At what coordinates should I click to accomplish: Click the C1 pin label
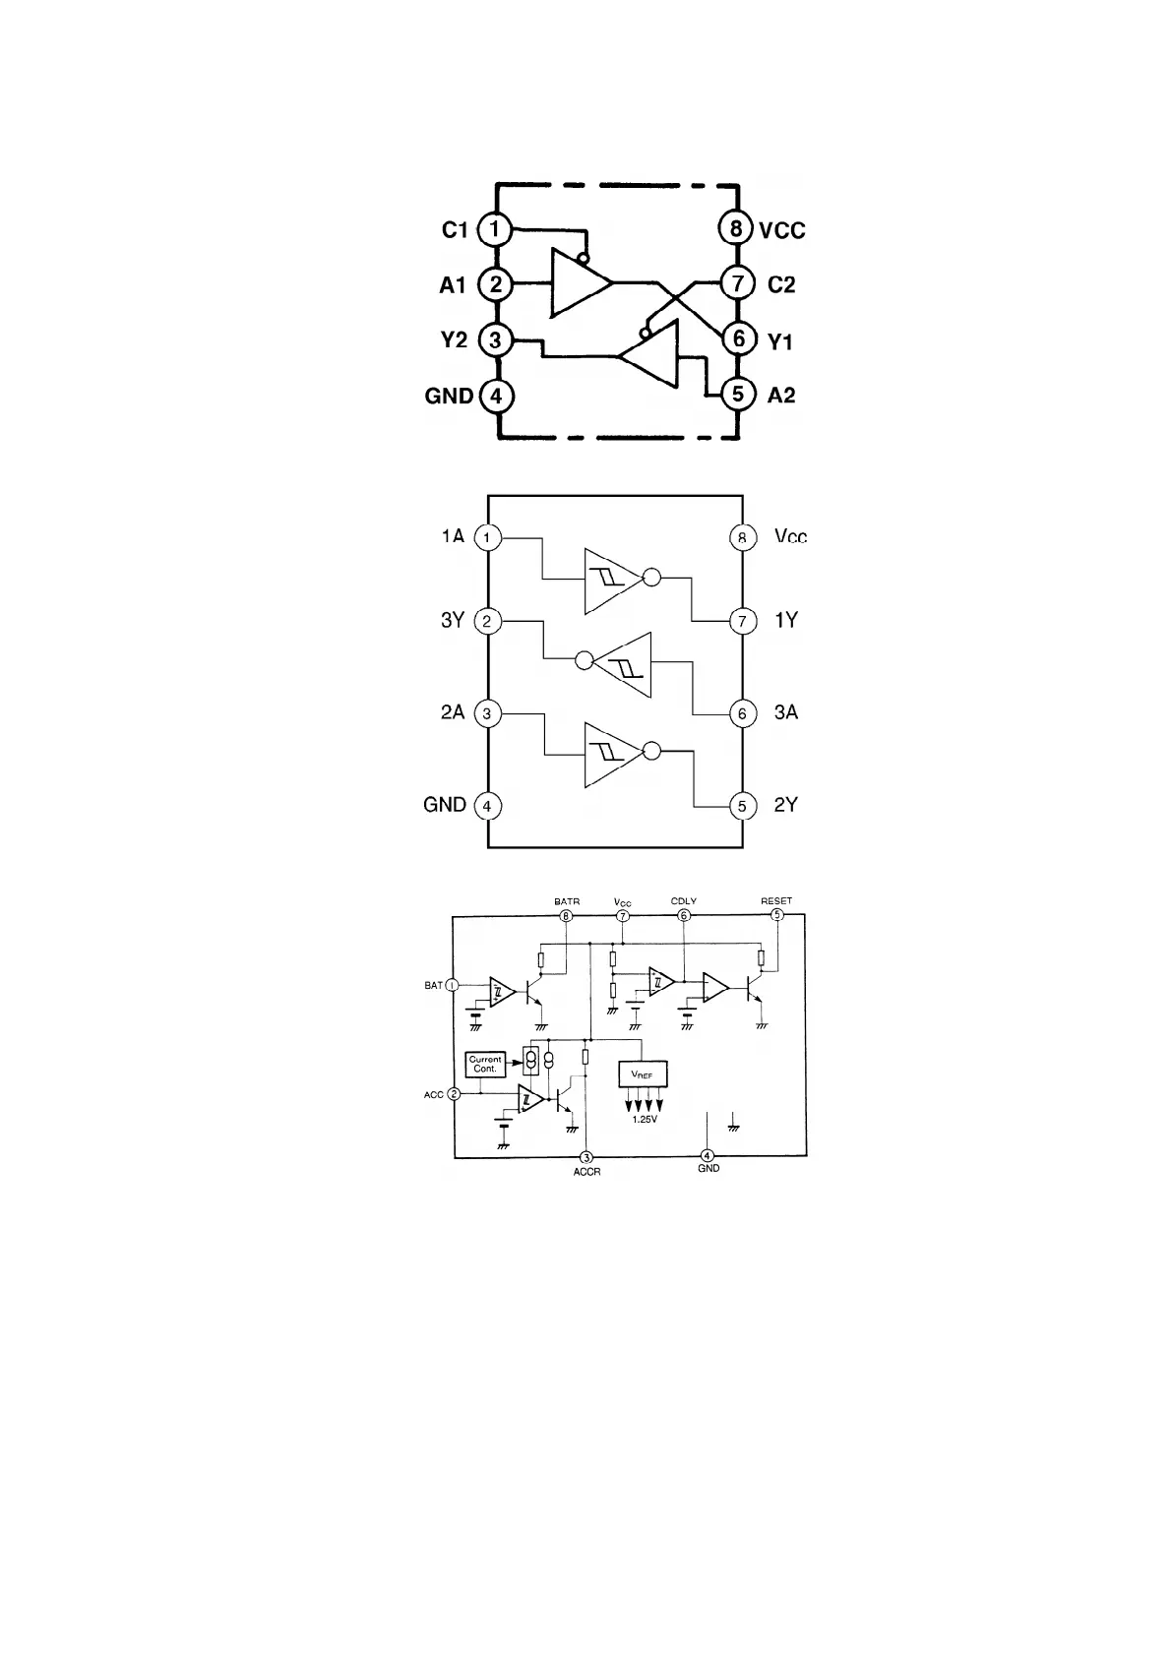point(454,230)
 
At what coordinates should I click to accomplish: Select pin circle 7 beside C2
point(737,283)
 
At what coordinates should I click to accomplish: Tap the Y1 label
point(780,342)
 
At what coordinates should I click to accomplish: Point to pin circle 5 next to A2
point(737,395)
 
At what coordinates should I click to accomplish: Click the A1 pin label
point(453,285)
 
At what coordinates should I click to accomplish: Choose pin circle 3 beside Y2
point(495,340)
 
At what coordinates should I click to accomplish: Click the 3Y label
point(453,621)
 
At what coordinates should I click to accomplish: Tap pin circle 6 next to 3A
point(742,713)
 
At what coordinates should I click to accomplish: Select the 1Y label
point(786,621)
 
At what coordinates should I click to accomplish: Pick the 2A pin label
point(453,712)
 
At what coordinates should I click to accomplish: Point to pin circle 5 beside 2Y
point(742,806)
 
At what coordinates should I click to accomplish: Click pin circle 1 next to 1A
point(487,537)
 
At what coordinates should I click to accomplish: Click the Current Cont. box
point(485,1064)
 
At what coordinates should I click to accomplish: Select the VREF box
point(642,1074)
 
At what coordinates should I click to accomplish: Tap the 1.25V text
point(645,1120)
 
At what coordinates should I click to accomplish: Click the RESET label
point(776,901)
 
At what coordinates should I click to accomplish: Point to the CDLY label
point(684,901)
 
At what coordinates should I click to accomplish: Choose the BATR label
point(567,901)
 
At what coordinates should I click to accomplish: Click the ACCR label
point(586,1172)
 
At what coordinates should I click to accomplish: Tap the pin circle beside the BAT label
point(453,985)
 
